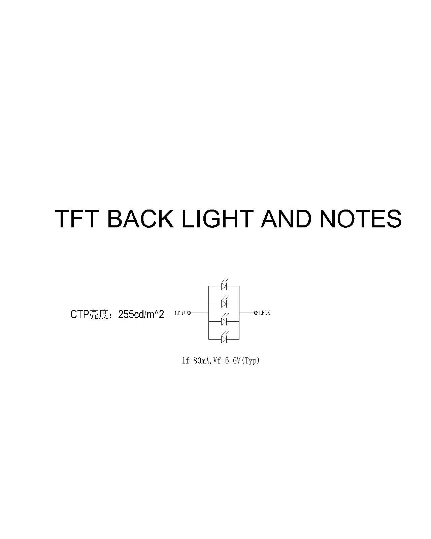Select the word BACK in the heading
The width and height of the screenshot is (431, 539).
140,218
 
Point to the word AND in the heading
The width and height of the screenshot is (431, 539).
286,218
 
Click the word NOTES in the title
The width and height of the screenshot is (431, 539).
360,218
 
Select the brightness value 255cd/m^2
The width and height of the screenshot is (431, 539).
141,314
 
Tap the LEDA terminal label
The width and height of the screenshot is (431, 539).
180,313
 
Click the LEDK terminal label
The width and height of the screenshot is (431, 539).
264,313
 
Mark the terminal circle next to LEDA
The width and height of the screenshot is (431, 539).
189,313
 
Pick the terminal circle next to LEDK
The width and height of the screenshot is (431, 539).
256,313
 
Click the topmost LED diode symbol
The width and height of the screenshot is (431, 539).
224,286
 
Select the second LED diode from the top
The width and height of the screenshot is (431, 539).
224,304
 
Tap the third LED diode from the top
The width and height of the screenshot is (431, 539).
224,322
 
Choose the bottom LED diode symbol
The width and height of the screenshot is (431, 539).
224,339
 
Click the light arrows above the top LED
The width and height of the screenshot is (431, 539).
226,280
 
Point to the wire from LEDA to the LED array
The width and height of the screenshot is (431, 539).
200,313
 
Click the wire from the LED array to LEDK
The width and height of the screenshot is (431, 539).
247,313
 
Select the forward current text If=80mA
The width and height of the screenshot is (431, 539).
197,361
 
